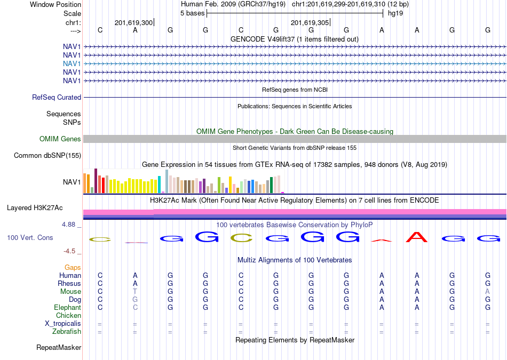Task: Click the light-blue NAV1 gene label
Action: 72,63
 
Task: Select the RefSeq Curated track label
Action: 57,97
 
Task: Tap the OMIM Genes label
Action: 60,139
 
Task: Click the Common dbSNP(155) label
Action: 47,155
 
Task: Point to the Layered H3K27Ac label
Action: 35,208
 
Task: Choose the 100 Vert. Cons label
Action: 30,237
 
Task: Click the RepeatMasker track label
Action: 59,347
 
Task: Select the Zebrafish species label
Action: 67,332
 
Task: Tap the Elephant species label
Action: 68,307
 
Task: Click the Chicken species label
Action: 68,315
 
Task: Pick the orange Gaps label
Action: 73,268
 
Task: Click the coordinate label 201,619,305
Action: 310,22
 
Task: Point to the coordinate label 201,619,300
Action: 133,22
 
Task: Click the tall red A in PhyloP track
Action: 417,237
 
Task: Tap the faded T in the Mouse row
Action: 135,292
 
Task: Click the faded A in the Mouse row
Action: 488,292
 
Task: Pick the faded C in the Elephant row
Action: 135,307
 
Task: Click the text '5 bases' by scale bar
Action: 192,13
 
